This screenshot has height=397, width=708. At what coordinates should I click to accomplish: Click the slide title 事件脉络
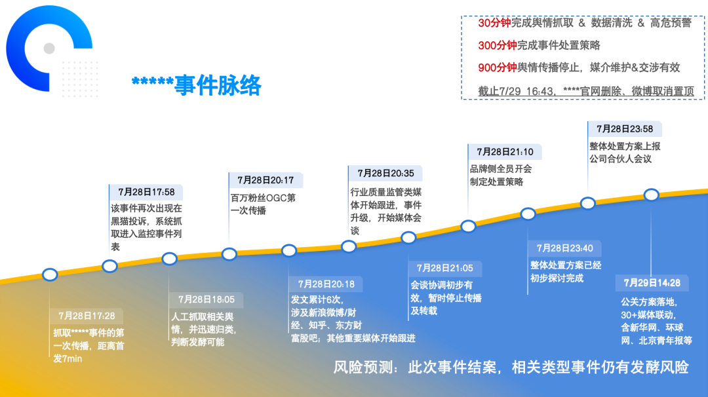(x=197, y=85)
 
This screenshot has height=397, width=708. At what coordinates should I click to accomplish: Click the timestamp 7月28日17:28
(x=87, y=316)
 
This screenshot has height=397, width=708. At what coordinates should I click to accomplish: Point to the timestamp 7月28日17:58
(x=146, y=192)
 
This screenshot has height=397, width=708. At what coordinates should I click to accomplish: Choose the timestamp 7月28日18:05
(x=206, y=299)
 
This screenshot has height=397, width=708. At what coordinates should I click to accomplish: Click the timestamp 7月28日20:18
(x=326, y=284)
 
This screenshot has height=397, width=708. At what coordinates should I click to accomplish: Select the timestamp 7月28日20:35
(x=385, y=174)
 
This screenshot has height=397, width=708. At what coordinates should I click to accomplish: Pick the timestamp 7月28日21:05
(x=445, y=268)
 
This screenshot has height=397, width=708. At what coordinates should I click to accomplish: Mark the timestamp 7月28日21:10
(x=505, y=152)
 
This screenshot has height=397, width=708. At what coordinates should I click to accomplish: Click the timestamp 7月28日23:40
(x=564, y=248)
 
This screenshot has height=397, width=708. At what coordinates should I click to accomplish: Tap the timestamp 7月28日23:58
(x=625, y=129)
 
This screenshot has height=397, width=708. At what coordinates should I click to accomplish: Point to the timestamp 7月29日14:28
(x=652, y=283)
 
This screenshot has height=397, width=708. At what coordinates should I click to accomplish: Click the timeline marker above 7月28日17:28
(x=50, y=274)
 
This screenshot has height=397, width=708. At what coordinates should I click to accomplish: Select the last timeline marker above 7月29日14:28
(x=651, y=195)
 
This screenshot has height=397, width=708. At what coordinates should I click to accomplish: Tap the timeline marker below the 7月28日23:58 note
(x=588, y=203)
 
